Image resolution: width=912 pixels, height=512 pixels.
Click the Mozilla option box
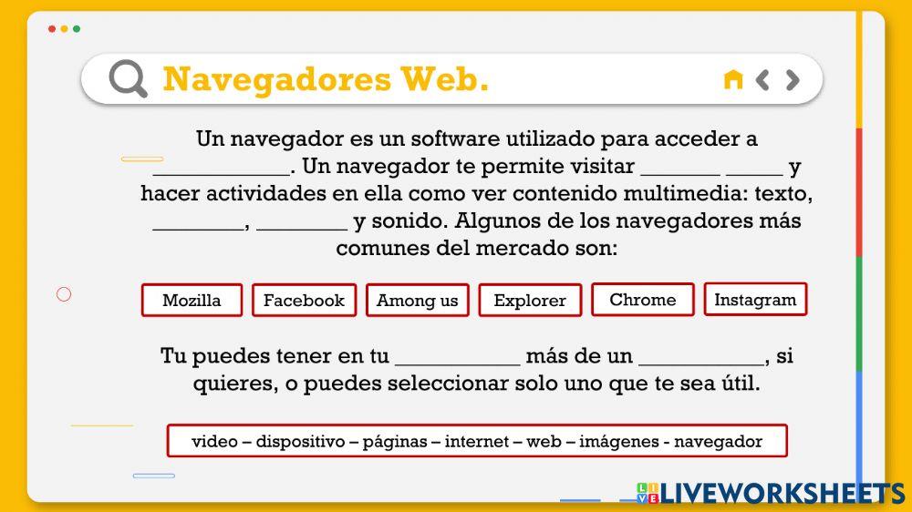(x=192, y=300)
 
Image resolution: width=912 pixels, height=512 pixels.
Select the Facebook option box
(x=304, y=300)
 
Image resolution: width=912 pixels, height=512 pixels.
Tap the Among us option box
(x=418, y=300)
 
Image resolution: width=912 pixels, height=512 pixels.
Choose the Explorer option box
(x=530, y=300)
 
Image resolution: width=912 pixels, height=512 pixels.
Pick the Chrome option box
(x=643, y=299)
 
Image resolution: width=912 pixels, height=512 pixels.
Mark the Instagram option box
(x=755, y=299)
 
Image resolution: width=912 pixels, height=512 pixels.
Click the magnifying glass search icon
(x=128, y=79)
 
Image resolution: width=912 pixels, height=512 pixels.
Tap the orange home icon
(x=732, y=79)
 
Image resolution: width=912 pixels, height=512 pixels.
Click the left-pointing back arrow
(x=763, y=79)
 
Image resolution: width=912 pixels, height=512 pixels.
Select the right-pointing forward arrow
(x=793, y=79)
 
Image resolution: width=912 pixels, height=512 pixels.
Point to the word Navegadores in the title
(x=277, y=79)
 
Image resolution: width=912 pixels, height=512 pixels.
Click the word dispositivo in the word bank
(x=300, y=442)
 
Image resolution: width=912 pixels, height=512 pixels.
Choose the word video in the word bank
(x=214, y=442)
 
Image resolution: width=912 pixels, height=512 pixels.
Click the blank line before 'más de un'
(x=457, y=358)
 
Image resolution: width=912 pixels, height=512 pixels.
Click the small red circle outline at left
(x=64, y=294)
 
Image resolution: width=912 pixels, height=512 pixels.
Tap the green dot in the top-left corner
(x=77, y=29)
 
